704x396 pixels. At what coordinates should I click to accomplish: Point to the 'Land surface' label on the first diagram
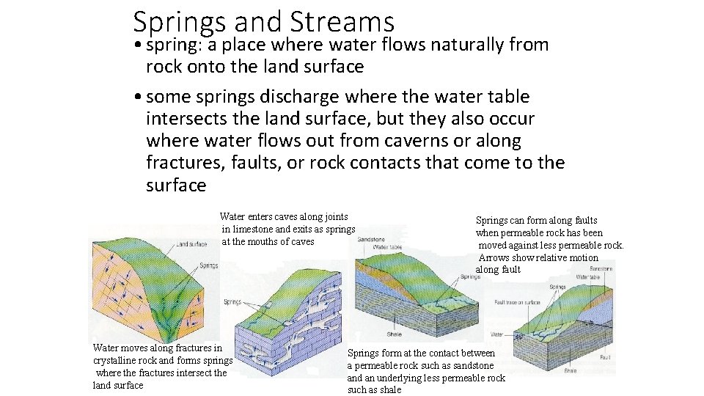click(193, 244)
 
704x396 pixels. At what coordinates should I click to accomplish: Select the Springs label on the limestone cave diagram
click(232, 301)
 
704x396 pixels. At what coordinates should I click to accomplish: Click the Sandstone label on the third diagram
click(371, 240)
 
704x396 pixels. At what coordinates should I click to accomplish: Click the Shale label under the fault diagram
click(571, 371)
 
